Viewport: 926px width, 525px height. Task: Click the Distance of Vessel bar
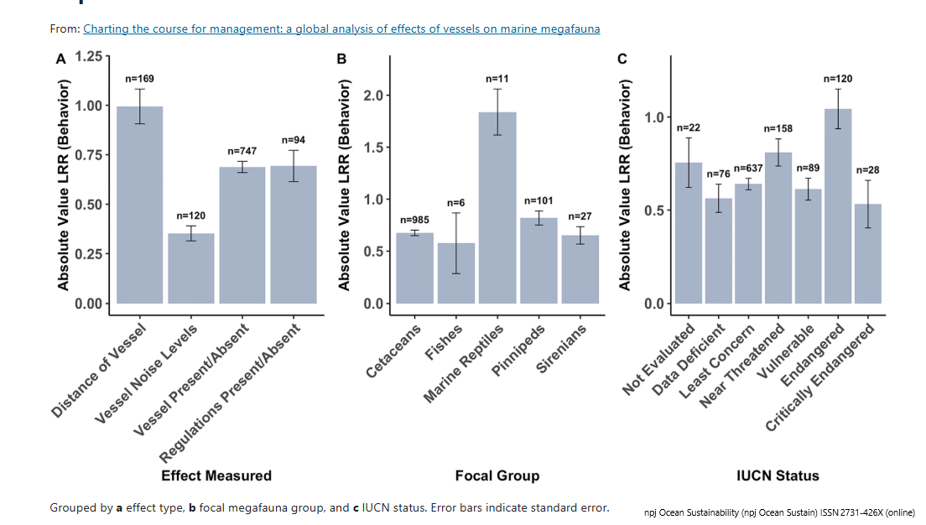tap(140, 205)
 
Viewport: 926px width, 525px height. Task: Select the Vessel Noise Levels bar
tap(191, 268)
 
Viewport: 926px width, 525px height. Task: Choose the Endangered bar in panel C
tap(832, 206)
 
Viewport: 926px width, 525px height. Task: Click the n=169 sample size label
tap(139, 79)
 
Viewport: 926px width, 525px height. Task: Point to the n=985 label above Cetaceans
tap(414, 220)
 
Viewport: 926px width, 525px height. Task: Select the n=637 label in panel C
tap(748, 169)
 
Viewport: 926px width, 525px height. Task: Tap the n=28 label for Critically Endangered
tap(868, 170)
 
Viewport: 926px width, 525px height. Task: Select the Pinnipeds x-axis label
tap(520, 352)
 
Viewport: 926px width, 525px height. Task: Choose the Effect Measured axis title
tap(216, 476)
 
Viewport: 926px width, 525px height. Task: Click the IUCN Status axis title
tap(777, 476)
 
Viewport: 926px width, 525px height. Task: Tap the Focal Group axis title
tap(497, 476)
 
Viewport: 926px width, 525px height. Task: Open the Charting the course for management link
tap(341, 29)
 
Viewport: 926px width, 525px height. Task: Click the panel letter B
tap(341, 60)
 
